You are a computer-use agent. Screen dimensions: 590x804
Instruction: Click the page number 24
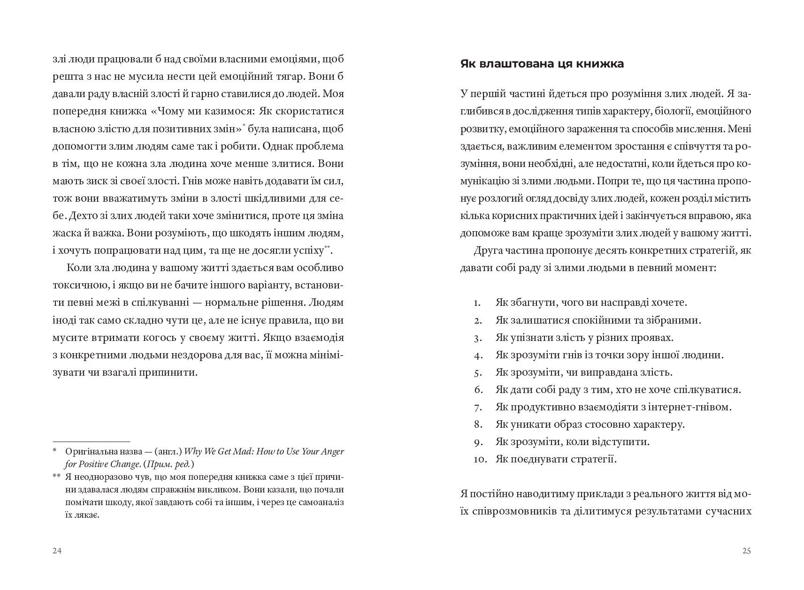[57, 551]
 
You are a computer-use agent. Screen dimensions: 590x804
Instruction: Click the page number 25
[746, 551]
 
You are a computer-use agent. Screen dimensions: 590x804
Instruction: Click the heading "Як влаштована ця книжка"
[542, 64]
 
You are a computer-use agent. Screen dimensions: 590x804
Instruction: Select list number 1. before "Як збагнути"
[477, 303]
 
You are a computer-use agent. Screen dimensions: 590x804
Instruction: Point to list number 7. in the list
[478, 407]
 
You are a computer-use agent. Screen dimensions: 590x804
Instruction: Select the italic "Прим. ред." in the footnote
[176, 464]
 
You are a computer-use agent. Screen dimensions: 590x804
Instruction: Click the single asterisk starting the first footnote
[54, 452]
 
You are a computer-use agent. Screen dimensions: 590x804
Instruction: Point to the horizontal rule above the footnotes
[91, 441]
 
